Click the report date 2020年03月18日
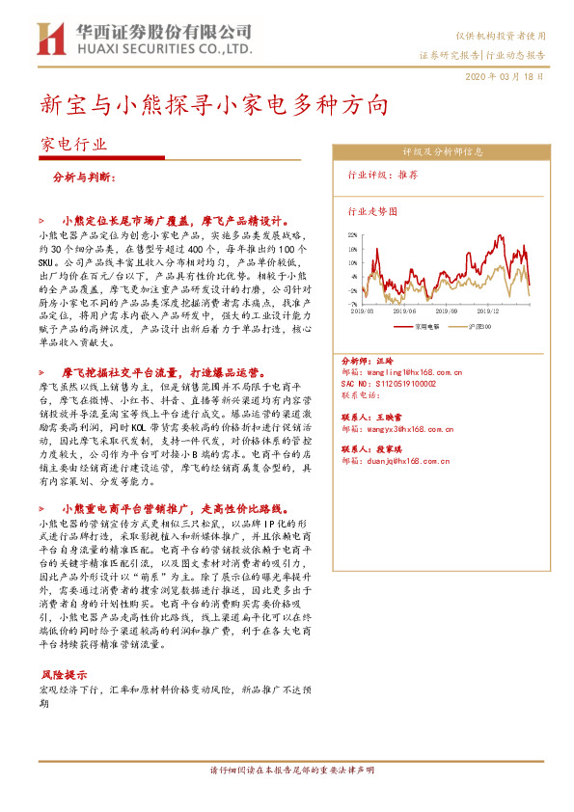pyautogui.click(x=510, y=76)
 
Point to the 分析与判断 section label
pyautogui.click(x=85, y=177)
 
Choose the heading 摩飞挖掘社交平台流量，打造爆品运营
pyautogui.click(x=164, y=371)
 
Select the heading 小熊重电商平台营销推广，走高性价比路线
pyautogui.click(x=179, y=508)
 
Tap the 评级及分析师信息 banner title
pyautogui.click(x=443, y=151)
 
